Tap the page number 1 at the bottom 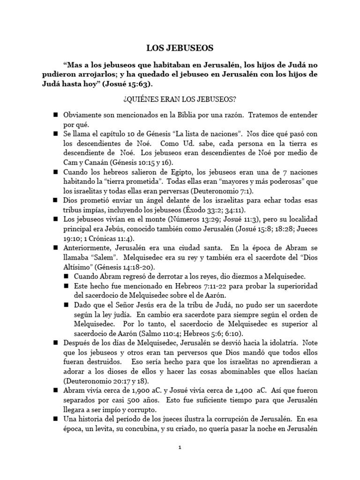180,448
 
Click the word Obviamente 81,115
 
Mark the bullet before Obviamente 55,115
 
